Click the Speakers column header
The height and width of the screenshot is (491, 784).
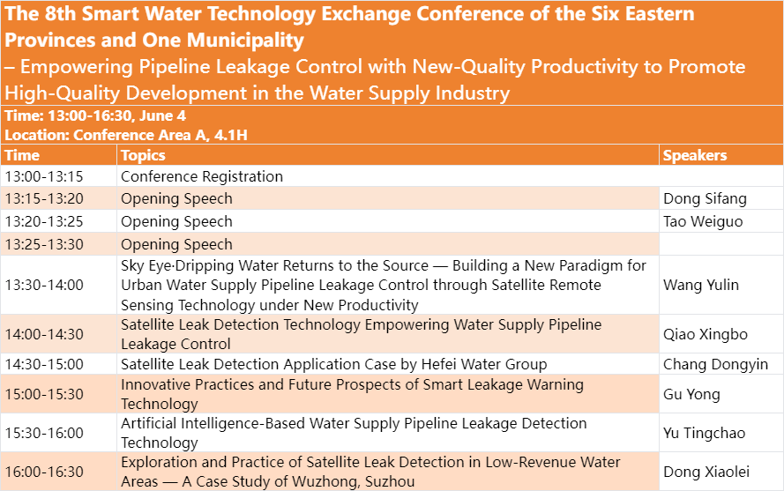[695, 155]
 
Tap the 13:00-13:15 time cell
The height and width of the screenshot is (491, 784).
[44, 176]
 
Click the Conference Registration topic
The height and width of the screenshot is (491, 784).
[202, 176]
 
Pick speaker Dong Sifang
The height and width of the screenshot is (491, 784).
[705, 198]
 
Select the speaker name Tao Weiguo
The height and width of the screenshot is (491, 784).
[703, 221]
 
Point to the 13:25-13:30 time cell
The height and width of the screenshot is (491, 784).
[44, 244]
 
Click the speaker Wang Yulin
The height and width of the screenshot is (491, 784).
[701, 285]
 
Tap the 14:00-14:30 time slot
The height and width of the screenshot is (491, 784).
[44, 334]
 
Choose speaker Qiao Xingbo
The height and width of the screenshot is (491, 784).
[706, 334]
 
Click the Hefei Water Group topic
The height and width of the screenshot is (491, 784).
[334, 364]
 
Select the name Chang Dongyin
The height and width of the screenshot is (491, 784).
[715, 364]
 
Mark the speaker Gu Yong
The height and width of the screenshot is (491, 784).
[691, 394]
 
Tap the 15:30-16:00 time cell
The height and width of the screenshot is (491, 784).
[44, 433]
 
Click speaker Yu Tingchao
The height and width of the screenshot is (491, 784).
[704, 433]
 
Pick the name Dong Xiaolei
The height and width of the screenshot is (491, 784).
[706, 472]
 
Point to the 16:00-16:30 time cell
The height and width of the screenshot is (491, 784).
[44, 472]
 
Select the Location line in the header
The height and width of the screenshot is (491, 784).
[126, 135]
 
